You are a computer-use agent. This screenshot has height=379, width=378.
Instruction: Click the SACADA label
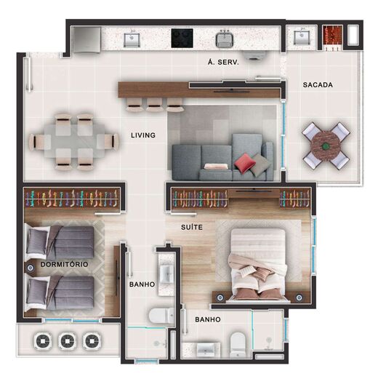coord(318,85)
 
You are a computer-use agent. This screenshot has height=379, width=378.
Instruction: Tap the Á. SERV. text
coord(224,62)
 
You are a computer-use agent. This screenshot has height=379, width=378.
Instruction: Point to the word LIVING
coord(143,135)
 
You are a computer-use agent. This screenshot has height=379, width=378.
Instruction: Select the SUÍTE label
coord(192,228)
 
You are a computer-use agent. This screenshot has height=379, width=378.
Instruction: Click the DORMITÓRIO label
coord(65,263)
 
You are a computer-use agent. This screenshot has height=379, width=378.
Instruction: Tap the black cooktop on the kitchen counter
coord(181,36)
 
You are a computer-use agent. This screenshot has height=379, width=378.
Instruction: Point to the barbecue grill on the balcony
coord(332,37)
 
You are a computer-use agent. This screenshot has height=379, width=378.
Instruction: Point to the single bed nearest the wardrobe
coord(62,243)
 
